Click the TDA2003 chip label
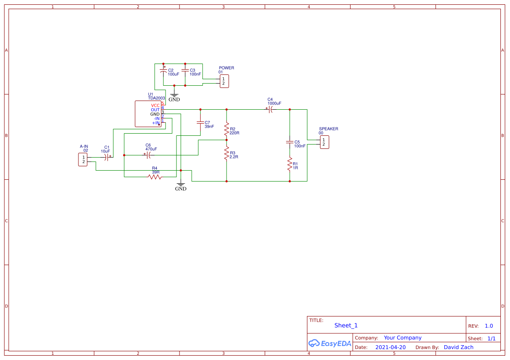click(x=156, y=98)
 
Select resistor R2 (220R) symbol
click(x=226, y=129)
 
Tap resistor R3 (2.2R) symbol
click(x=226, y=153)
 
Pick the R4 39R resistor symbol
click(x=155, y=177)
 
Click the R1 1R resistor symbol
click(x=290, y=165)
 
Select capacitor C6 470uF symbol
click(x=149, y=155)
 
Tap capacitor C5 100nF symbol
click(x=290, y=142)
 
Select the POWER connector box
click(x=224, y=81)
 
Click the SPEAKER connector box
click(x=324, y=142)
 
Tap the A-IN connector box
click(x=83, y=160)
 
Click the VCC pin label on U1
click(x=155, y=105)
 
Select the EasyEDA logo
click(x=330, y=343)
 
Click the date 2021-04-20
click(x=390, y=347)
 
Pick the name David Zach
click(x=458, y=347)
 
